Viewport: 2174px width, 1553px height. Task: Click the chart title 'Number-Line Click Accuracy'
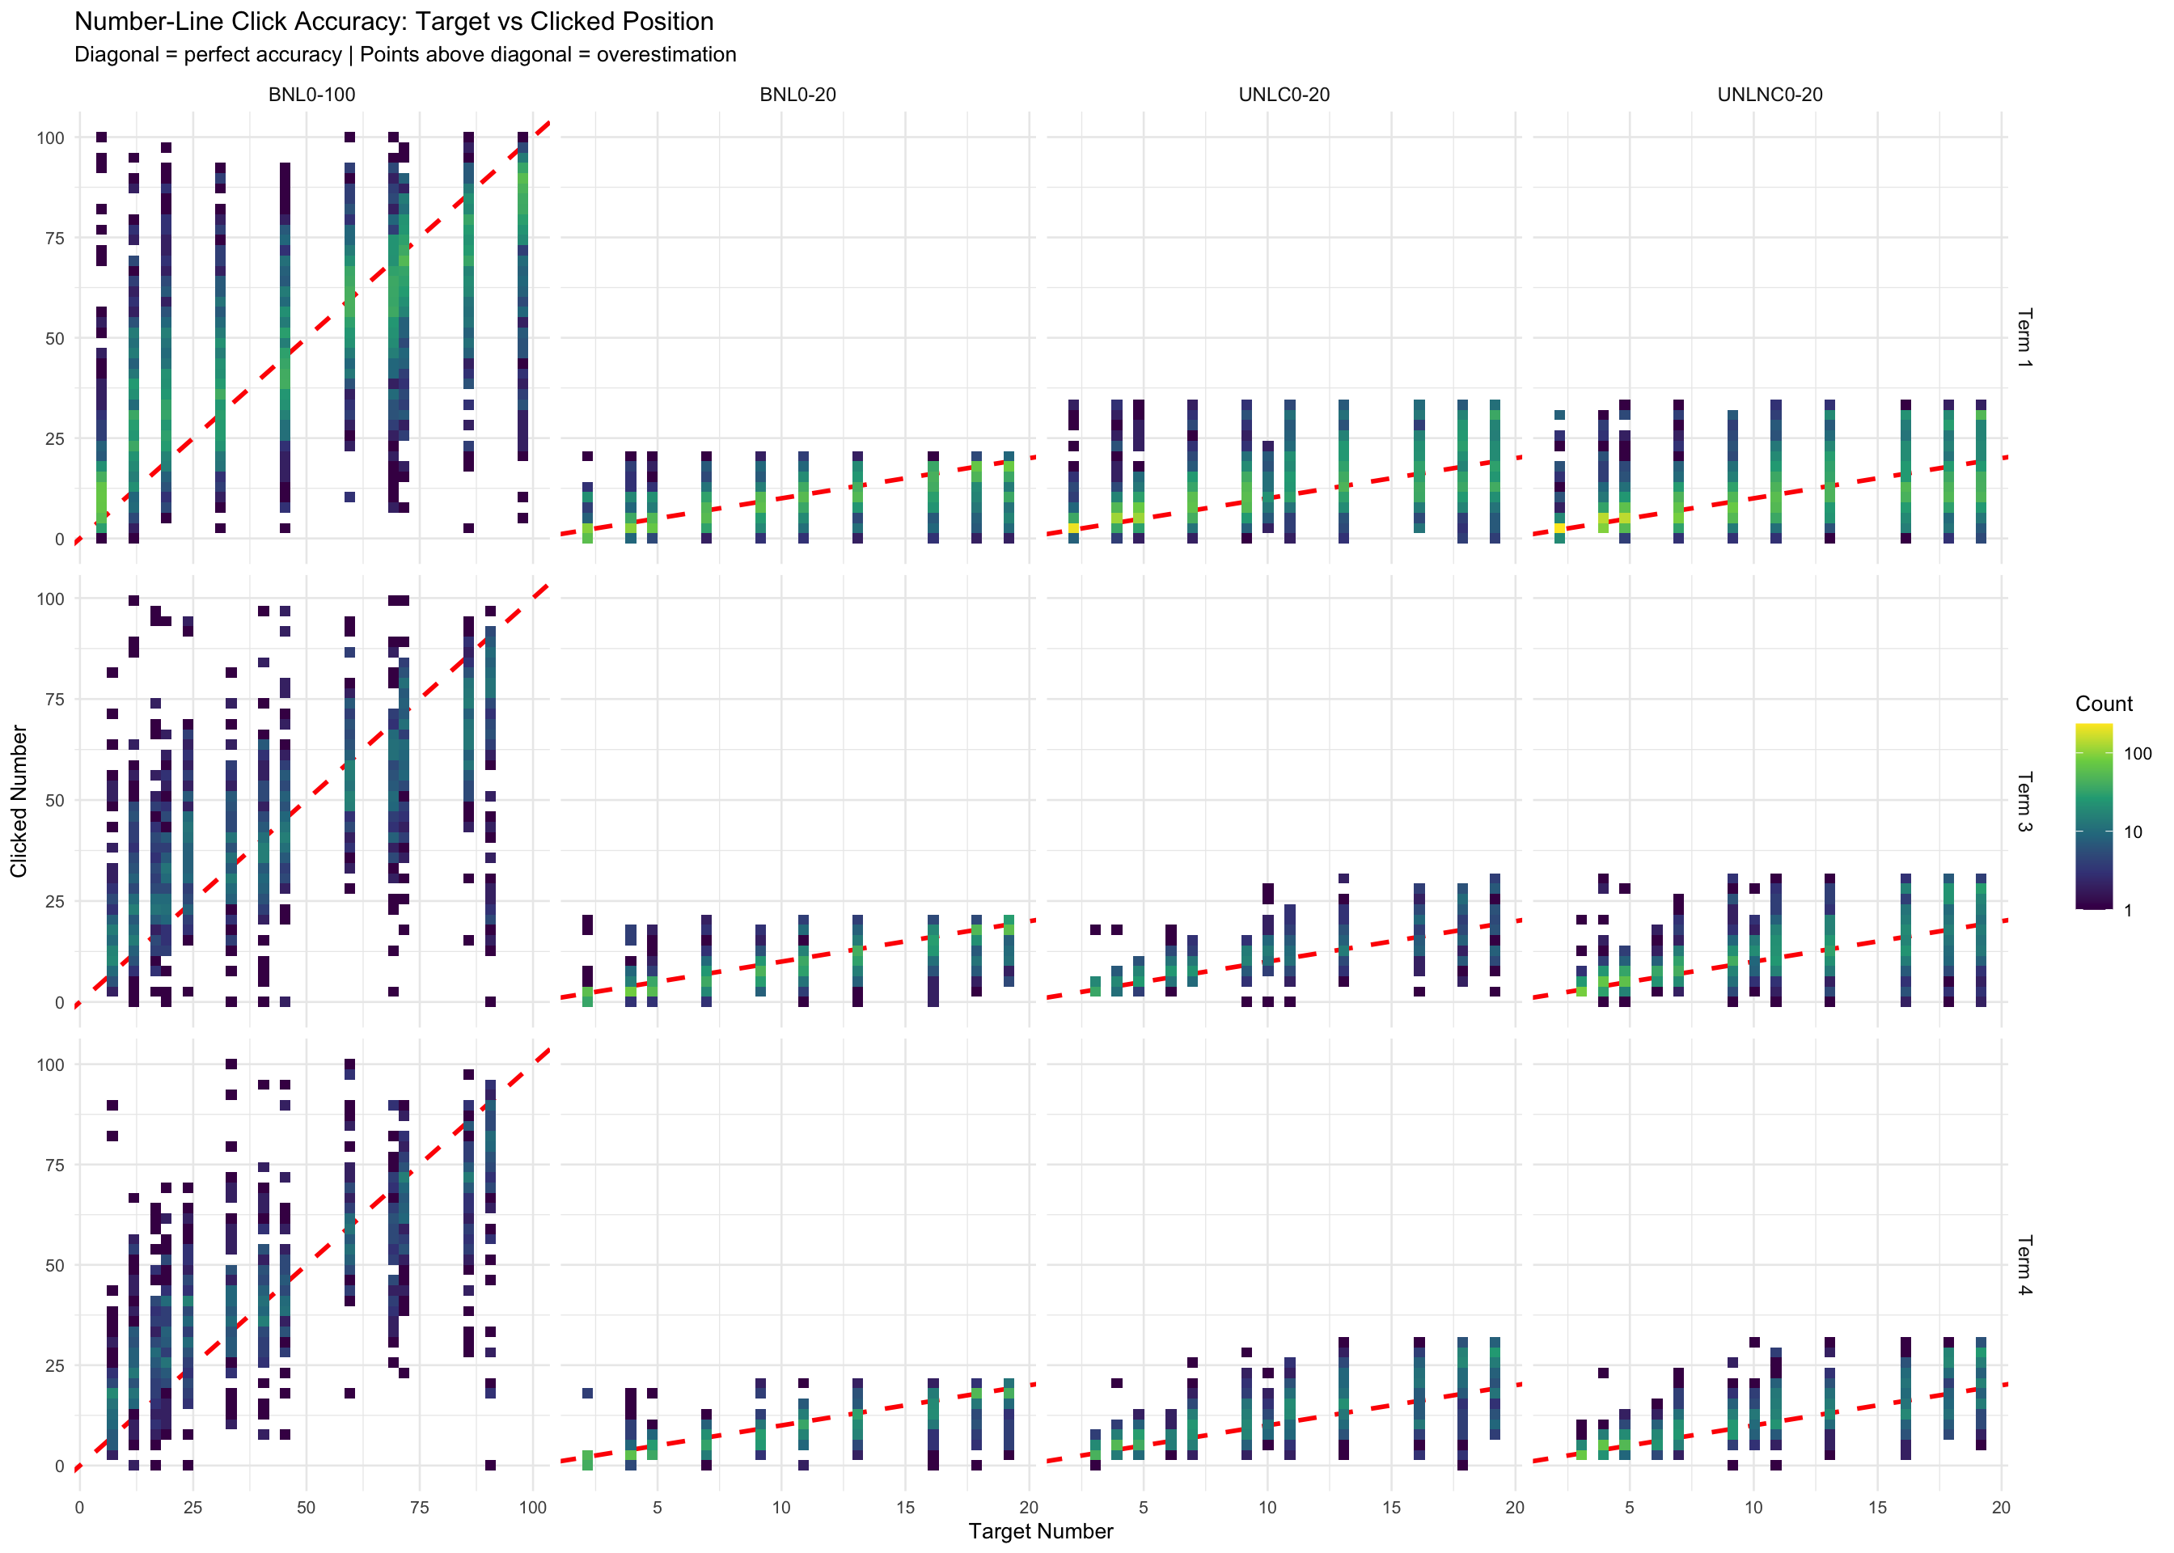pyautogui.click(x=393, y=21)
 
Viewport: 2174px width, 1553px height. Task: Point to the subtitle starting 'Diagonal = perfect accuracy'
pyautogui.click(x=404, y=54)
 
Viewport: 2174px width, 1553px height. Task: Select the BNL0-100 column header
pyautogui.click(x=311, y=95)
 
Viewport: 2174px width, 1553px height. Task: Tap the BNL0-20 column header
pyautogui.click(x=797, y=95)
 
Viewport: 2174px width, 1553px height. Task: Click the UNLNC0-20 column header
pyautogui.click(x=1770, y=95)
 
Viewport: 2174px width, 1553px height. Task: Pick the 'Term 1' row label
pyautogui.click(x=2024, y=337)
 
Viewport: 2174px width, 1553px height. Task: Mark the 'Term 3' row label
pyautogui.click(x=2024, y=802)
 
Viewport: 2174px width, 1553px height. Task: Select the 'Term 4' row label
pyautogui.click(x=2024, y=1265)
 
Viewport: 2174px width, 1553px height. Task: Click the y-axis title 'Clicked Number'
pyautogui.click(x=19, y=802)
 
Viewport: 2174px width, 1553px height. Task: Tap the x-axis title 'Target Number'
pyautogui.click(x=1040, y=1531)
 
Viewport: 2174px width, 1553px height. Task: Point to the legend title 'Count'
pyautogui.click(x=2104, y=704)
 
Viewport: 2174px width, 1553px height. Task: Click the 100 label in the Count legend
pyautogui.click(x=2138, y=754)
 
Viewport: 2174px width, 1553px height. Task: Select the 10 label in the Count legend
pyautogui.click(x=2133, y=832)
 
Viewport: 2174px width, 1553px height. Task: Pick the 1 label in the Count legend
pyautogui.click(x=2128, y=911)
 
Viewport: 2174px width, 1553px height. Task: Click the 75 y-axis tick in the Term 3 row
pyautogui.click(x=53, y=699)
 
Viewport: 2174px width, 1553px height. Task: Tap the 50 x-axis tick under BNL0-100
pyautogui.click(x=306, y=1508)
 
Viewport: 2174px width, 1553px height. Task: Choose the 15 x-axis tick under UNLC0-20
pyautogui.click(x=1391, y=1508)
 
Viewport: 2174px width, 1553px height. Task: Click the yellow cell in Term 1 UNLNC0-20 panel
pyautogui.click(x=1559, y=528)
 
